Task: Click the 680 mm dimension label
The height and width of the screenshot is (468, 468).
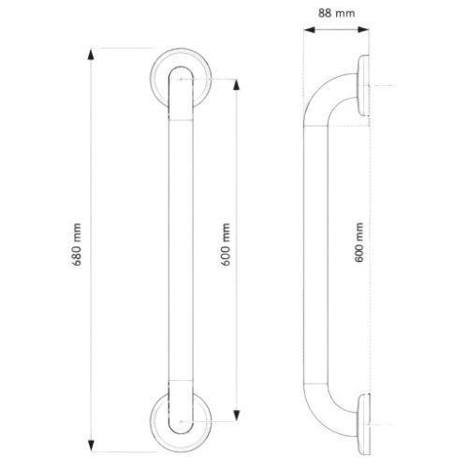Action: pyautogui.click(x=77, y=245)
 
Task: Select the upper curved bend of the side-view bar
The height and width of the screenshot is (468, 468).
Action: pyautogui.click(x=323, y=101)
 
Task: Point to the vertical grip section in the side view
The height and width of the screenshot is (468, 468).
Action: pyautogui.click(x=313, y=245)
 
